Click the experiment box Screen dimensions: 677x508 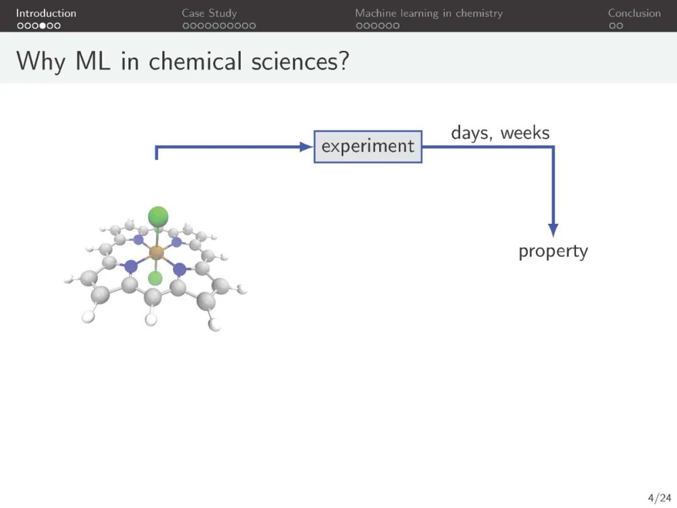(368, 146)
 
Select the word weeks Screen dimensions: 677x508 (525, 132)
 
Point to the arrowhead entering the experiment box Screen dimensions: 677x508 (306, 147)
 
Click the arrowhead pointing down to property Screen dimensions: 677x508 (553, 230)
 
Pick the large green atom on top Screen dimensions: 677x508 (158, 216)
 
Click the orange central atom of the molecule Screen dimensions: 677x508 (156, 252)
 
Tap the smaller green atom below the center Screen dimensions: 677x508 (155, 278)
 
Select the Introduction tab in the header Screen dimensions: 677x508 (46, 13)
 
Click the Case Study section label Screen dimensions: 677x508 (209, 13)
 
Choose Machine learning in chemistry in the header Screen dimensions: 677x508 (429, 13)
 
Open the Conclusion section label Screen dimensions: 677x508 (634, 13)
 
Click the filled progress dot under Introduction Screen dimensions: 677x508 (43, 26)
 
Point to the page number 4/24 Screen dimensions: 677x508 (659, 498)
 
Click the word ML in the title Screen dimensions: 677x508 (93, 61)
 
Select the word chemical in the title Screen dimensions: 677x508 (195, 61)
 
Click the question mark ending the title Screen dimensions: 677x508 (344, 60)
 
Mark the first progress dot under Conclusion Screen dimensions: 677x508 (612, 26)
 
